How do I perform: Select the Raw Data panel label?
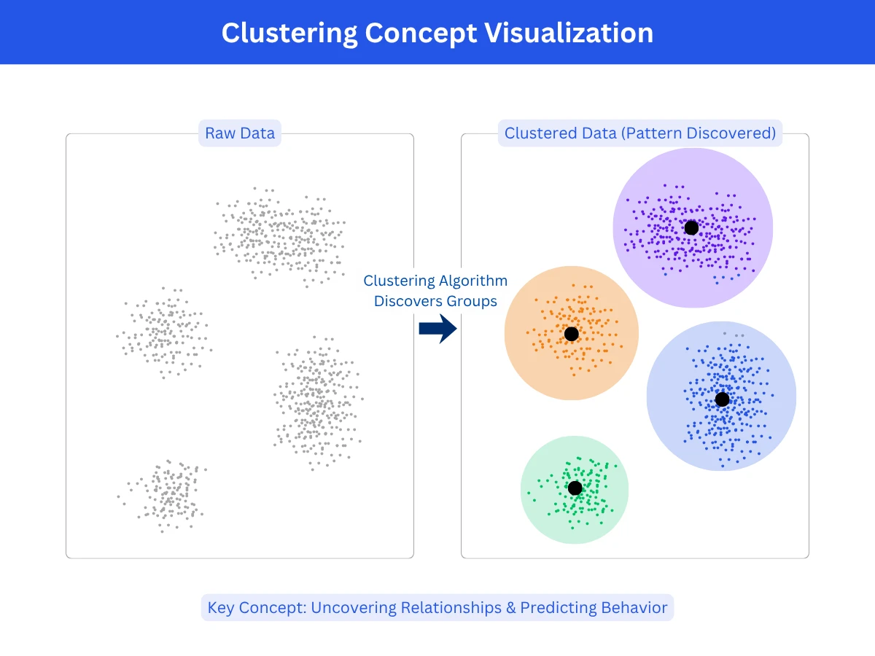tap(240, 133)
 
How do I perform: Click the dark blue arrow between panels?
tap(437, 329)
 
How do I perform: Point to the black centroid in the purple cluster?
tap(691, 228)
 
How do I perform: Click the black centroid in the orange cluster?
tap(571, 334)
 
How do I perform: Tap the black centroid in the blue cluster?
tap(722, 399)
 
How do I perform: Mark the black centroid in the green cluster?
tap(575, 488)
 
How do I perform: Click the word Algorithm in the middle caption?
tap(472, 281)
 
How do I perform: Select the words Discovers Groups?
tap(435, 301)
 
